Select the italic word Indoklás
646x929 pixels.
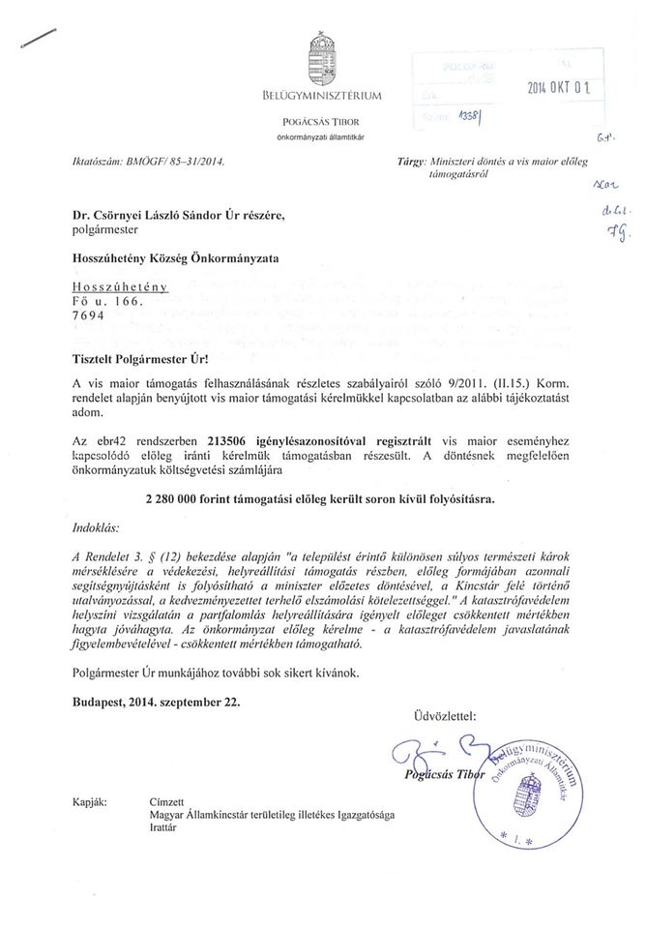click(x=98, y=528)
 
